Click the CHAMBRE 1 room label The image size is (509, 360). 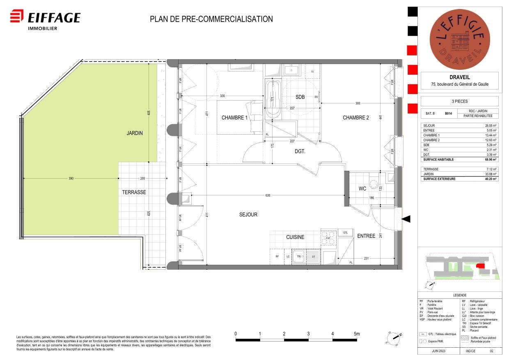(235, 118)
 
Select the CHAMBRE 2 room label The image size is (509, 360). (356, 118)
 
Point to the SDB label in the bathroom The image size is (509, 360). (300, 97)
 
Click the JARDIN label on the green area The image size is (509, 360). (135, 133)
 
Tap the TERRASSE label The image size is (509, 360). (134, 192)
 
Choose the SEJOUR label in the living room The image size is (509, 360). (248, 215)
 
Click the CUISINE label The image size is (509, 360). (295, 237)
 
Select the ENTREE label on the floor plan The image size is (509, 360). (366, 236)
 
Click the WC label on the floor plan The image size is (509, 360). (362, 189)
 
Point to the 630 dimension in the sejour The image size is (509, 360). (268, 195)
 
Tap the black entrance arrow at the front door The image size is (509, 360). (406, 219)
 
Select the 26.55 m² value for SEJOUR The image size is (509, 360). (490, 126)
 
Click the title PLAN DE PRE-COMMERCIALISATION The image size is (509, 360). (211, 19)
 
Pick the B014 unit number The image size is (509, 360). (449, 113)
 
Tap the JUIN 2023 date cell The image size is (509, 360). (438, 351)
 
